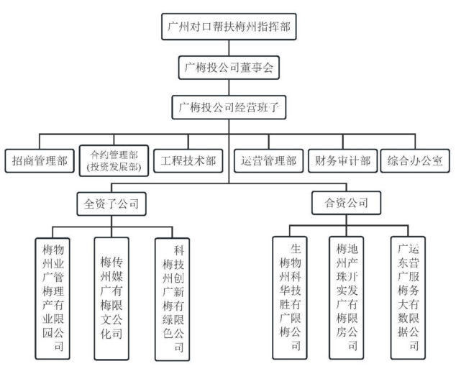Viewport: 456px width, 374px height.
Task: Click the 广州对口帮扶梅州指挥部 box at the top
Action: (228, 27)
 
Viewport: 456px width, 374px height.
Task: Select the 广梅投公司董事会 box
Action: (228, 68)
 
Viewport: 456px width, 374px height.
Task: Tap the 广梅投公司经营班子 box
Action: (228, 109)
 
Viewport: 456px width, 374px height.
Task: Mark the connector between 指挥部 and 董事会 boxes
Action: (228, 48)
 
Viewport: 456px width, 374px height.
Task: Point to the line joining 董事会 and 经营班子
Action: (228, 88)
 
